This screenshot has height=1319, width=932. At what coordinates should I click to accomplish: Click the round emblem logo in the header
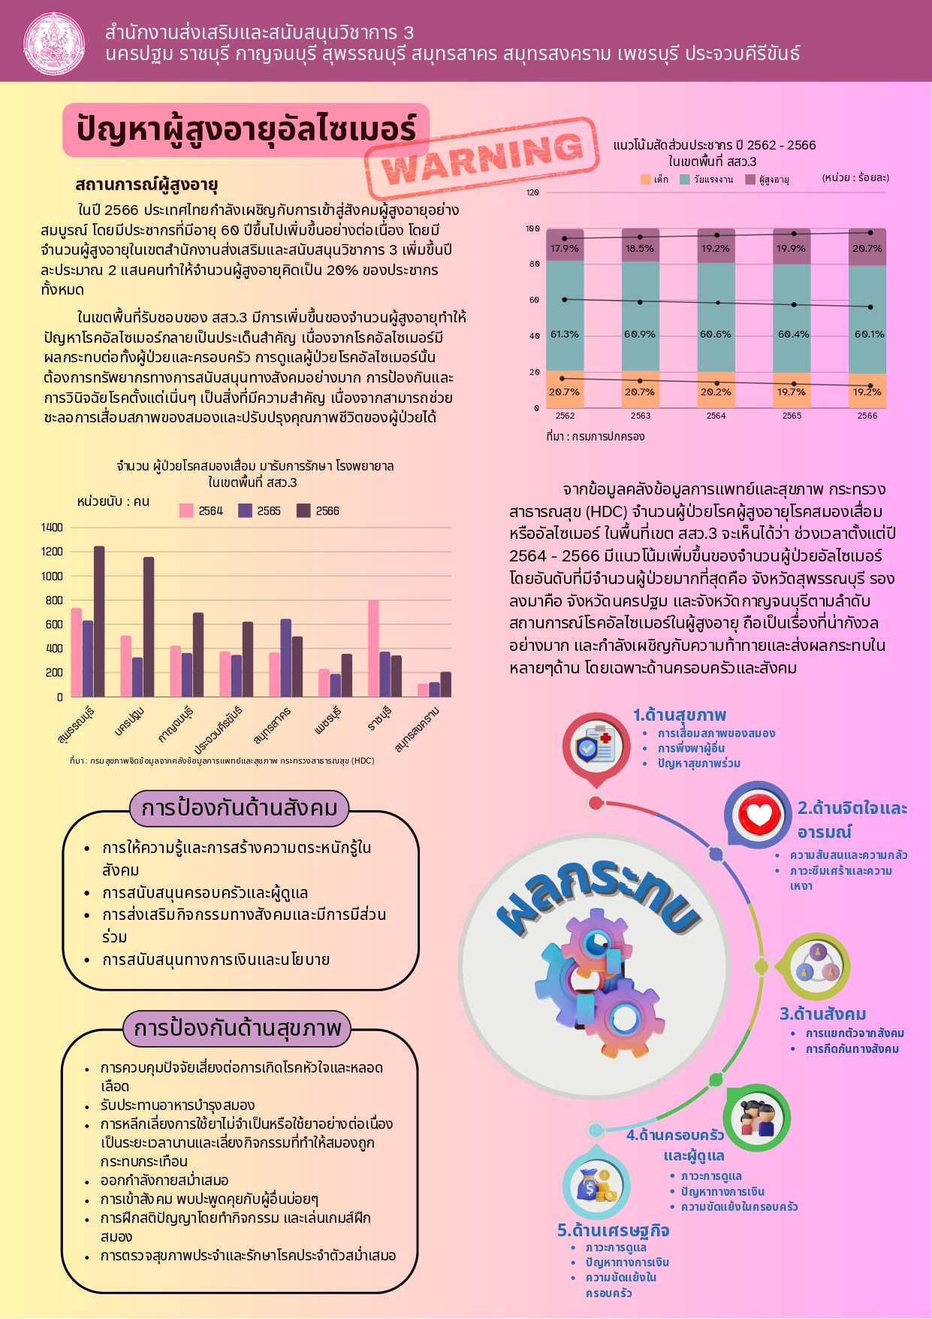coord(54,42)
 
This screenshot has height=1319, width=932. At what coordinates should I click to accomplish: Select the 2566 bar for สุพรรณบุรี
coord(99,621)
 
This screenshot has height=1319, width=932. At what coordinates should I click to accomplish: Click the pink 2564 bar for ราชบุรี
coord(373,648)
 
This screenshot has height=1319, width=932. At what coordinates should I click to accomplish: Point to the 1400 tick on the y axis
coord(52,528)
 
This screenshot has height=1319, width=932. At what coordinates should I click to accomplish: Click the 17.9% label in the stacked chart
coord(564,249)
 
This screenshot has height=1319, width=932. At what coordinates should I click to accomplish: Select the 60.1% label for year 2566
coord(869,334)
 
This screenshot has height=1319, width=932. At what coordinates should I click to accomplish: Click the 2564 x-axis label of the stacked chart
coord(716,416)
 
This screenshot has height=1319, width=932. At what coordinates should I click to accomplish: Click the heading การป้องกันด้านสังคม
coord(240,808)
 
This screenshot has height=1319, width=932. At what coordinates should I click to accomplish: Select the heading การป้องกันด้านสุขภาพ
coord(237,1028)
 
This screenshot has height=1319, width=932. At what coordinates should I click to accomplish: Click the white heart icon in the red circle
coord(759,815)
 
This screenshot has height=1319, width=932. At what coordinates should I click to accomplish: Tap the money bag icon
coord(596,1185)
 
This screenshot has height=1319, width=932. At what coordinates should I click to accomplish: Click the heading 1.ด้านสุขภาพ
coord(680,715)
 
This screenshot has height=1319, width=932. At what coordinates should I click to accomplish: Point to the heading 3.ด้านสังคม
coord(823,1014)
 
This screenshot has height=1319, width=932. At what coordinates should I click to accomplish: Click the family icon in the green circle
coord(757,1118)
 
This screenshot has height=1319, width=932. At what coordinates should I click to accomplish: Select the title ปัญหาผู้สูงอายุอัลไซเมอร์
coord(246,129)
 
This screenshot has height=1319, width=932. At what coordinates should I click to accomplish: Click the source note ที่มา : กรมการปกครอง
coord(595,437)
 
